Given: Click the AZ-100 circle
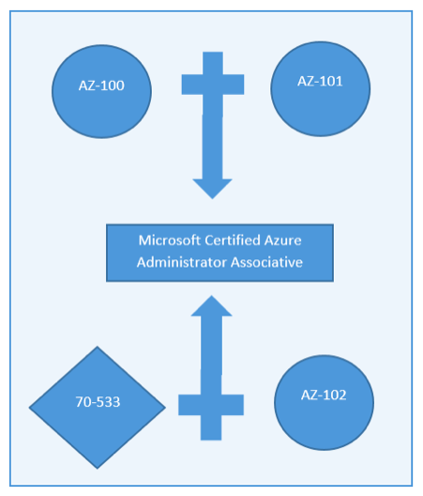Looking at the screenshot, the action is pos(101,91).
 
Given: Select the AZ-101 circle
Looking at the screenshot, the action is pos(321,89).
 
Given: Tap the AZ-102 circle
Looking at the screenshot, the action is pos(325,402).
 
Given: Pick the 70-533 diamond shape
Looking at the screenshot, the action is pos(98,408).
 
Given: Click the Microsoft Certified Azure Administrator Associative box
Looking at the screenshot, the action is pos(219,253).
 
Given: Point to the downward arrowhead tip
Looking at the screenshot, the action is pos(212,199).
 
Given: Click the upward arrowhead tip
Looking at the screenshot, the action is pos(211,296).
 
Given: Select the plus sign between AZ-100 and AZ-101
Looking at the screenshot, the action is pos(213,85).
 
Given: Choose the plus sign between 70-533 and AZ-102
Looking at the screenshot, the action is pos(211,405).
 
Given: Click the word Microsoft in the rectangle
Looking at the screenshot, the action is pos(170,240).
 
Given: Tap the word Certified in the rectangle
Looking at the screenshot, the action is pos(233,240).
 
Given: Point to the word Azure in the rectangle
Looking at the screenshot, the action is pos(282,240).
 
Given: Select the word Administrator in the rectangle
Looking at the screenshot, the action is pos(182,262).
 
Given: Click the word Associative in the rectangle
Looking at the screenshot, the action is pos(266,262).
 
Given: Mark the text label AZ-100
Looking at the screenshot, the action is pos(101,85).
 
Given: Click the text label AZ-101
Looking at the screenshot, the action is pos(320,82).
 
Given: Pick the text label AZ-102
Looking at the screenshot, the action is pos(324,395).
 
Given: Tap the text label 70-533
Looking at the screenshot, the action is pos(98,402).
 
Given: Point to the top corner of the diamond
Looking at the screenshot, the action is pos(98,347).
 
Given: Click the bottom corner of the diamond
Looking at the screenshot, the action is pos(98,469).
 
